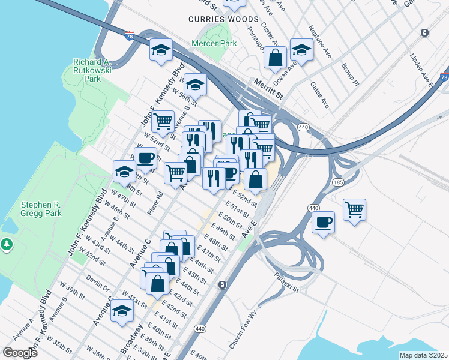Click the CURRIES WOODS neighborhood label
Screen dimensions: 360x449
point(223,19)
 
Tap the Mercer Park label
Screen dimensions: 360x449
point(214,43)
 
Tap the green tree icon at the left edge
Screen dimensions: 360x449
point(7,244)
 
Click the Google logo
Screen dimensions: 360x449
point(20,353)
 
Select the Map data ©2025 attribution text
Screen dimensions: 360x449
point(423,355)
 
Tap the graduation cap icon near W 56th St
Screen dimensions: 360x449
point(195,85)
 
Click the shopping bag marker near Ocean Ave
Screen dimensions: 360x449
point(275,58)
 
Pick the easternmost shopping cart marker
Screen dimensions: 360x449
point(355,210)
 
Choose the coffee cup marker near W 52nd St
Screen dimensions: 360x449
point(145,158)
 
